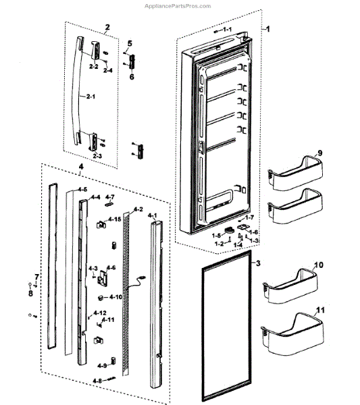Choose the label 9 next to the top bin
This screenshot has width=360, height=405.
[x=320, y=153]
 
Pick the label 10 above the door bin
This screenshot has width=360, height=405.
[x=319, y=265]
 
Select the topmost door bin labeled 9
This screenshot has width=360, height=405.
[x=292, y=175]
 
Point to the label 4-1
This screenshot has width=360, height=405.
[x=152, y=215]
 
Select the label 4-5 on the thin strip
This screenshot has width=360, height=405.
[x=81, y=190]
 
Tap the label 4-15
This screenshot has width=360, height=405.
[x=115, y=219]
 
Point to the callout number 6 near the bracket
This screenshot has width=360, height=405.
[x=132, y=78]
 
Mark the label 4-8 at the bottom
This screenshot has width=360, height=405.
[x=99, y=381]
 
